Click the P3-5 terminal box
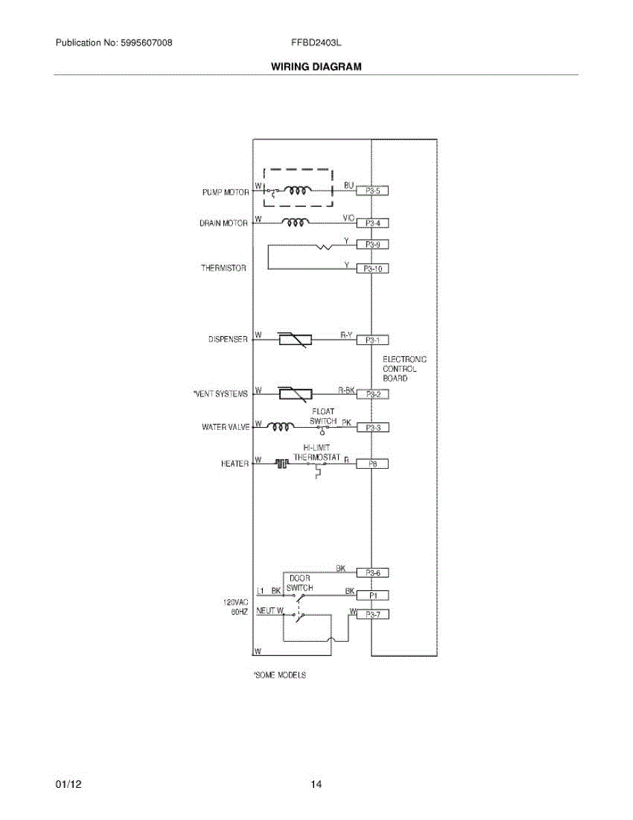372,191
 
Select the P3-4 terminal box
372,223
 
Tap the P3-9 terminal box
372,244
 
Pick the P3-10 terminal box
372,269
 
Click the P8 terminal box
372,464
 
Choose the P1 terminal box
372,595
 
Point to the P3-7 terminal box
372,614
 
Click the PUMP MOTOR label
225,193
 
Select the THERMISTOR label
223,269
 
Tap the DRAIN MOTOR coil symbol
295,222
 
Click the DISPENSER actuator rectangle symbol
295,339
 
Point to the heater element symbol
282,463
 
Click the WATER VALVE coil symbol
280,427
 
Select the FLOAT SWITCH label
323,417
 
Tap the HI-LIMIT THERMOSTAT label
318,452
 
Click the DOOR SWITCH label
300,583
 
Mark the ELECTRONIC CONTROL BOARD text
404,368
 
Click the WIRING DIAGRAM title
316,67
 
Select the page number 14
316,784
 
